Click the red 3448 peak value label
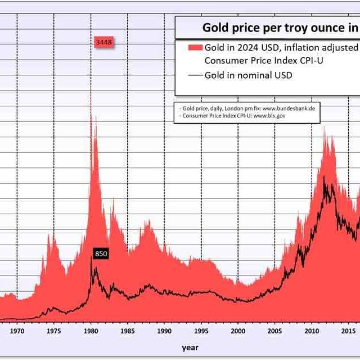[103, 43]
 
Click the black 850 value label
[101, 254]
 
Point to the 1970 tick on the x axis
[17, 331]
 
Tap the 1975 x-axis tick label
[54, 331]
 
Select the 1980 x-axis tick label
[91, 331]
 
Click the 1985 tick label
[128, 331]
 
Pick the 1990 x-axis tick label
[164, 331]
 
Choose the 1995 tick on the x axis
[201, 331]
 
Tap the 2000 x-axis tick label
[238, 331]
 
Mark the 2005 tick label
[275, 331]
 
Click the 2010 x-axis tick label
[312, 331]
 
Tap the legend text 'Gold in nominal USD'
[248, 75]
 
